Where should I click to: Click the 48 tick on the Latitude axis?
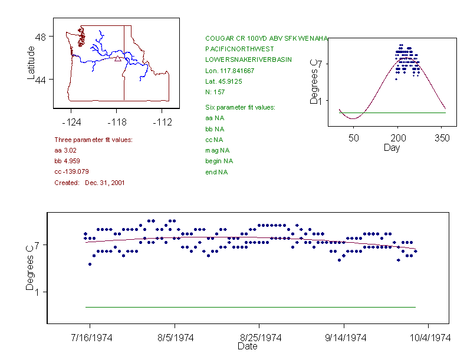point(41,37)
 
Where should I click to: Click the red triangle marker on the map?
point(118,58)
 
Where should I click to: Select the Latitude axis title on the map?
point(31,63)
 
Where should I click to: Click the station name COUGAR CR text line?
point(266,38)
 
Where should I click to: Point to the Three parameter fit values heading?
point(93,140)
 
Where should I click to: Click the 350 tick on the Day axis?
point(442,138)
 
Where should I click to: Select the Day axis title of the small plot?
point(392,147)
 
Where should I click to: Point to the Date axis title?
point(247,346)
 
